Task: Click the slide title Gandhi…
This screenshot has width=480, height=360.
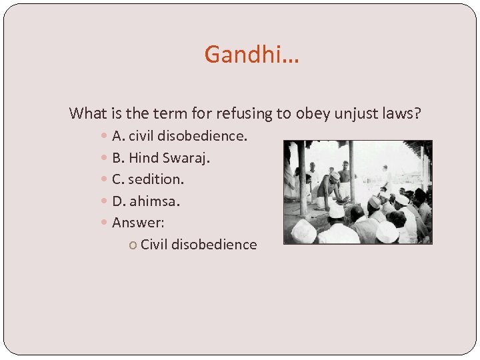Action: coord(252,54)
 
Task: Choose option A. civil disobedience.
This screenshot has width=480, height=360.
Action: coord(179,137)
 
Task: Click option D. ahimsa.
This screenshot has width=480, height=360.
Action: coord(146,201)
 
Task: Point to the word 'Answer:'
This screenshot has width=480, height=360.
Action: coord(138,222)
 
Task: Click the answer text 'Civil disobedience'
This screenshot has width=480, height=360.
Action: coord(199,245)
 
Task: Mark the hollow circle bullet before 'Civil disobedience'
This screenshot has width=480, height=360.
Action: coord(133,245)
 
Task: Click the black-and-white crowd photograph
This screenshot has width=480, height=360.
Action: coord(357,192)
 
